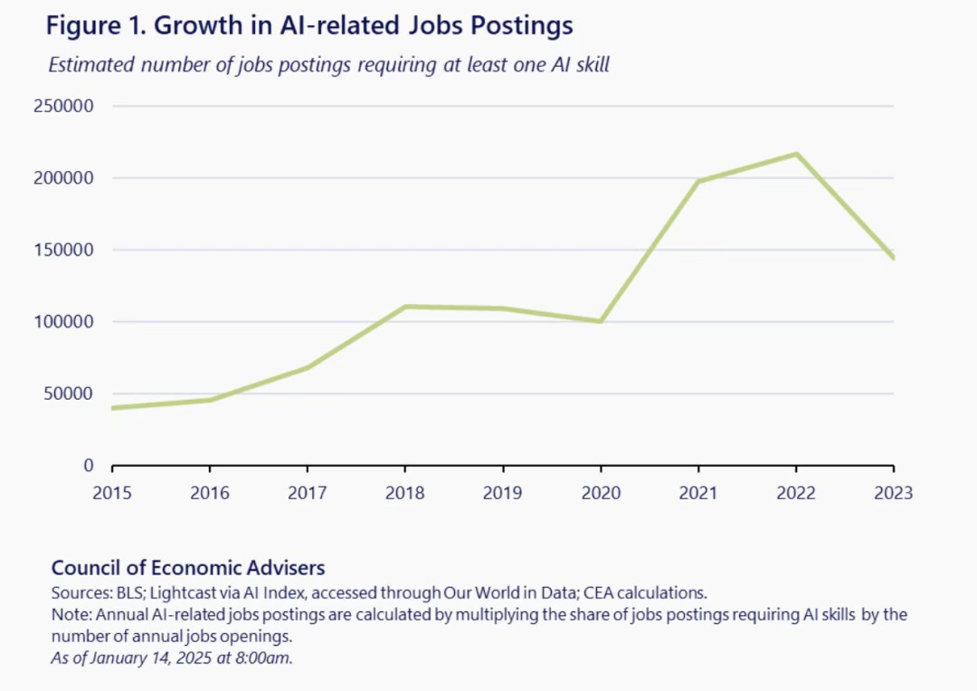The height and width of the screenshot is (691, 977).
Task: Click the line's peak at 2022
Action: tap(796, 154)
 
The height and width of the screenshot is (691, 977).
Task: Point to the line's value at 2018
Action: tap(405, 307)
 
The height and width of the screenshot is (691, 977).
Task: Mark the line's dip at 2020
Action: tap(601, 321)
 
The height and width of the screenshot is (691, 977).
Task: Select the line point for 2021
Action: tap(698, 181)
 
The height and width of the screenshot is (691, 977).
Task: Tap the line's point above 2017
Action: tap(308, 367)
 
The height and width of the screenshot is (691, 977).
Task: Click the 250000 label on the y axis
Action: tap(63, 106)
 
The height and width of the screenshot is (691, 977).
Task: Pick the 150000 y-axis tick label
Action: tap(63, 250)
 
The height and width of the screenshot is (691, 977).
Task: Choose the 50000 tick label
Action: tap(68, 393)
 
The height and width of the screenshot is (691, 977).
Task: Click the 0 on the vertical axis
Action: tap(88, 466)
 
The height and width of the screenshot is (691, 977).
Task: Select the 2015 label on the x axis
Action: tap(112, 493)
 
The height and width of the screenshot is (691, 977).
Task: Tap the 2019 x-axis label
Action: tap(503, 493)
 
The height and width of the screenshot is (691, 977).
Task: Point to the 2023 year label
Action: tap(894, 493)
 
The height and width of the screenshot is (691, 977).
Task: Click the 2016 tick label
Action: tap(210, 493)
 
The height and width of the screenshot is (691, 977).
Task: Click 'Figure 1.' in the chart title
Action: tap(96, 25)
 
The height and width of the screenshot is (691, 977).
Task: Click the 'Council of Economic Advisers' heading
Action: tap(188, 568)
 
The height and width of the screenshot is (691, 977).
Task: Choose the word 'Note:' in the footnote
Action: tap(70, 615)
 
